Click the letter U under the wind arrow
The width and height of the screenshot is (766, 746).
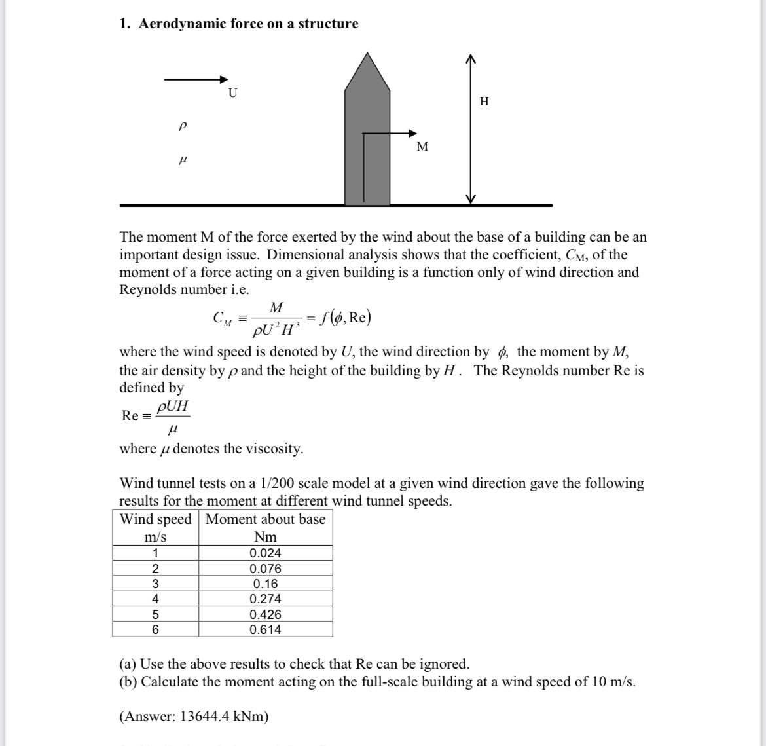click(x=232, y=93)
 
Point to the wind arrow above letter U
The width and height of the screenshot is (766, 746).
click(x=195, y=79)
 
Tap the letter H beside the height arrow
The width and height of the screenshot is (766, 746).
click(x=484, y=101)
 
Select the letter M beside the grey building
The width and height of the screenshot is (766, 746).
click(x=422, y=146)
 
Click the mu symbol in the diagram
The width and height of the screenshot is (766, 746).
click(x=183, y=159)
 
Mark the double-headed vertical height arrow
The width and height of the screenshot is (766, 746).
click(x=469, y=128)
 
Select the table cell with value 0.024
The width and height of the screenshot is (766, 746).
click(x=265, y=552)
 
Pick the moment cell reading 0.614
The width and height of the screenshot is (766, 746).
click(x=265, y=629)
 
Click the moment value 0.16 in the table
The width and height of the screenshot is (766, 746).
click(x=265, y=584)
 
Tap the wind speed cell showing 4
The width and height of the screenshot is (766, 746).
click(x=155, y=599)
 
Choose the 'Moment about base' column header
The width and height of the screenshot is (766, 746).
click(x=265, y=519)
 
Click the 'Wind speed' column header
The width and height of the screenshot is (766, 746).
click(x=156, y=519)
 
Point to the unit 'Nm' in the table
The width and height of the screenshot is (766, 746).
click(x=265, y=537)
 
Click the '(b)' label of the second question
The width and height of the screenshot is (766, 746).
click(x=128, y=681)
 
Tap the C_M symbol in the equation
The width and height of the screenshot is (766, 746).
click(x=222, y=319)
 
